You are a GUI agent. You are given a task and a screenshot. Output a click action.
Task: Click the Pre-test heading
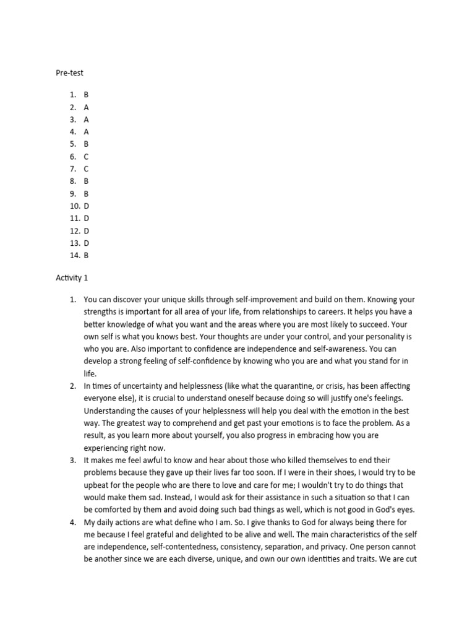[69, 72]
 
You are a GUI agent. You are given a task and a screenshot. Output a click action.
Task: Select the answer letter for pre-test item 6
[87, 157]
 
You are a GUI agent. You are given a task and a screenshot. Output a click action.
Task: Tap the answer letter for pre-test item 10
[87, 206]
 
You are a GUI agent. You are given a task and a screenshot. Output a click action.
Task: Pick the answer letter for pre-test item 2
[87, 107]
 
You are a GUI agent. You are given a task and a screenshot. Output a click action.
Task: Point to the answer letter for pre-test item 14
[87, 255]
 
